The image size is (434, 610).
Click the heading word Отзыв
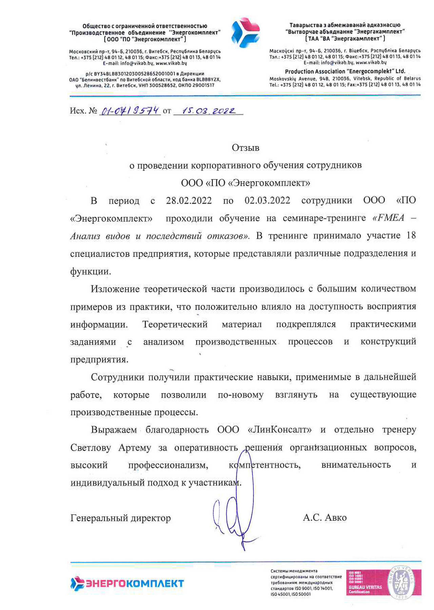tap(245, 148)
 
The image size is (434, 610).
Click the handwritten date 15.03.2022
tap(208, 111)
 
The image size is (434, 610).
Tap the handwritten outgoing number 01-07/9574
tap(130, 111)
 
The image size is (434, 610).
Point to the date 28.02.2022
tap(189, 201)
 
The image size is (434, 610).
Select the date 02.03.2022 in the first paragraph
tap(268, 201)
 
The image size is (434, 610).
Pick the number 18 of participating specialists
tap(411, 236)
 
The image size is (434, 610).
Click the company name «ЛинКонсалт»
tap(280, 430)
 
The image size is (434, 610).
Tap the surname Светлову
tap(91, 448)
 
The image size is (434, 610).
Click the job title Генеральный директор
tap(120, 518)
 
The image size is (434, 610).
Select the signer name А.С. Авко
tap(324, 517)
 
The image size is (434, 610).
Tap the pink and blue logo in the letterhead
tap(245, 33)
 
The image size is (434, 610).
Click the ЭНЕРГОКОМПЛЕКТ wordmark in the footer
tap(127, 583)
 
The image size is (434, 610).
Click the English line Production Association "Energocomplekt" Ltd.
tap(345, 72)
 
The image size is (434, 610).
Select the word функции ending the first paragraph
tap(90, 271)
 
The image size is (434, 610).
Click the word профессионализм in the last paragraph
tap(168, 465)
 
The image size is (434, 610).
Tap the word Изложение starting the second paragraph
tap(115, 289)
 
